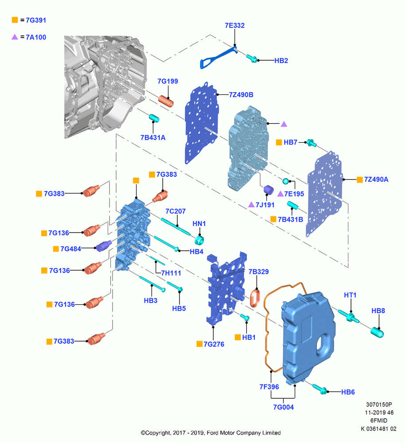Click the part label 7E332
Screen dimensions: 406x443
coord(234,25)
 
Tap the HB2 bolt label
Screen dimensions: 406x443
coord(281,60)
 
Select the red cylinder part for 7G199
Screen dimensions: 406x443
coord(166,101)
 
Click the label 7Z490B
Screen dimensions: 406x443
coord(241,95)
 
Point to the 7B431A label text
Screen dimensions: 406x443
coord(153,138)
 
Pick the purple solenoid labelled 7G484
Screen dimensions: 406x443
coord(104,246)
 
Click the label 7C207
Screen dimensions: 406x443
coord(176,211)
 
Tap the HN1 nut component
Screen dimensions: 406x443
coord(199,241)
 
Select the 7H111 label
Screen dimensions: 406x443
coord(171,273)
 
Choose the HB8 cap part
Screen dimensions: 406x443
coord(377,332)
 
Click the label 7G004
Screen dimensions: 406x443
coord(283,407)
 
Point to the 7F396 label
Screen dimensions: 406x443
coord(269,387)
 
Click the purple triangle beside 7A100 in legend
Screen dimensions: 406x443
coord(15,37)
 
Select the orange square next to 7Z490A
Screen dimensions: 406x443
coord(359,180)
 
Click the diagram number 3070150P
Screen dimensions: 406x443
coord(379,404)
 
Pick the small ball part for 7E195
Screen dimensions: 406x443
coord(285,181)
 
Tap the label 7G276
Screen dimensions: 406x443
coord(214,344)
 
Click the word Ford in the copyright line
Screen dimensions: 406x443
coord(212,433)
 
